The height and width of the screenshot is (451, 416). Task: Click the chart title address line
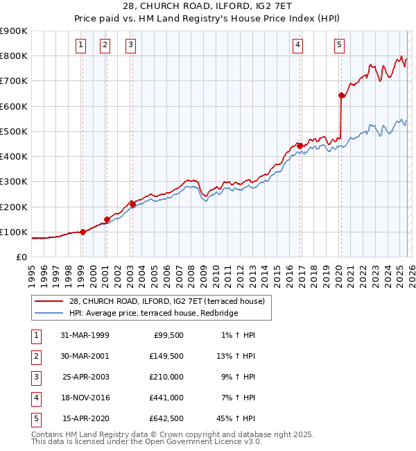(207, 7)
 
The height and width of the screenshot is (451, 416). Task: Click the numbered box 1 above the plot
(81, 46)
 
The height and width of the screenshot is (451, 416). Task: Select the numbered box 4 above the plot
(297, 46)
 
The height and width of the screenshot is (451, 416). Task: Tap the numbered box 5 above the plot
(339, 46)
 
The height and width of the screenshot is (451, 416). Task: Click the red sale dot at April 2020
(341, 96)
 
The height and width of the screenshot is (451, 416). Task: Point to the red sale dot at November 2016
(300, 146)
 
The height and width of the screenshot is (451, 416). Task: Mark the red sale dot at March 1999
(83, 232)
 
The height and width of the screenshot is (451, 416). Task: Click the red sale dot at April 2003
(132, 204)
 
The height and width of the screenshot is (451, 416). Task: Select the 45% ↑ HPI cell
(236, 418)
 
